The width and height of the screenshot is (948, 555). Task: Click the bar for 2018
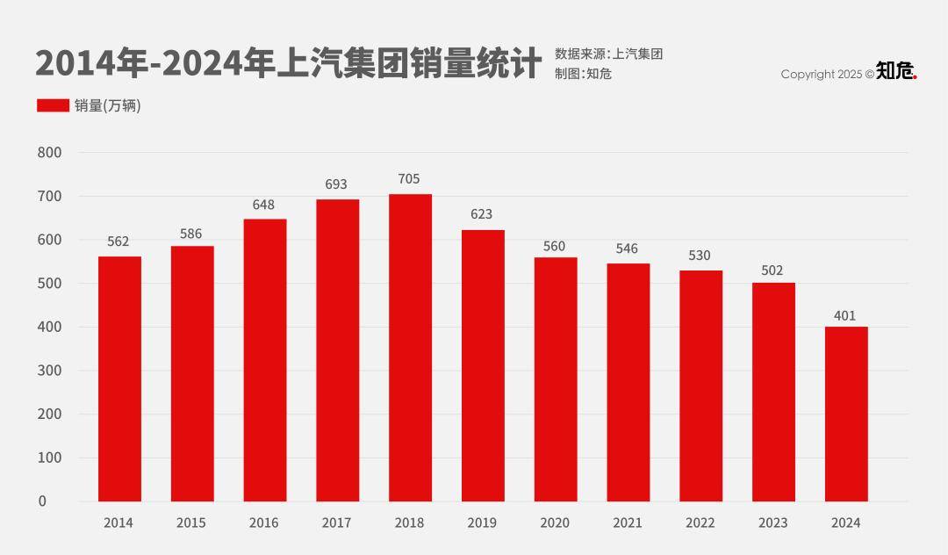click(x=410, y=348)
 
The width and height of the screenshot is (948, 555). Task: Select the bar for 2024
click(x=846, y=414)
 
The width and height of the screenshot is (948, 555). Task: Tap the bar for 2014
click(x=119, y=378)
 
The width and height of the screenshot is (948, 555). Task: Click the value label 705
click(x=409, y=179)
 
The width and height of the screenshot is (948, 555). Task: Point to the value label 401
click(x=845, y=316)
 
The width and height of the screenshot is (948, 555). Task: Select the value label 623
click(x=482, y=214)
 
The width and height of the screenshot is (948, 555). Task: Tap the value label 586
click(x=191, y=234)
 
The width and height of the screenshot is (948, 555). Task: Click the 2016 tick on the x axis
click(x=263, y=523)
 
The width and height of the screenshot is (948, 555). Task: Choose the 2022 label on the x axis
click(x=700, y=523)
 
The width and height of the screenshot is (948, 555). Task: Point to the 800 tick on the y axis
click(x=50, y=153)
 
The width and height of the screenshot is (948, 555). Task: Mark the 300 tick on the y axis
click(x=50, y=371)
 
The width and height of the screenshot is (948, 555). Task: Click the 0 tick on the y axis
click(x=42, y=501)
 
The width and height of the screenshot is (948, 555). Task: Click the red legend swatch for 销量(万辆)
click(x=53, y=105)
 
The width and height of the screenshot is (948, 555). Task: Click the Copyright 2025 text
click(x=827, y=75)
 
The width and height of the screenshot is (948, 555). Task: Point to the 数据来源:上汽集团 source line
click(x=608, y=54)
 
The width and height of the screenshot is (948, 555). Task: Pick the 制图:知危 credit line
click(x=583, y=74)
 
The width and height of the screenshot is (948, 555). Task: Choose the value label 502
click(x=772, y=270)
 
